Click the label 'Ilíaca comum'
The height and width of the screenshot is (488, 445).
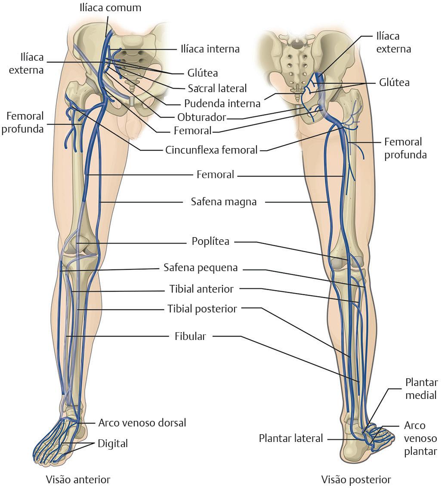(110, 8)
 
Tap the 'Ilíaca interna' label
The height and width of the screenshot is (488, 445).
(210, 49)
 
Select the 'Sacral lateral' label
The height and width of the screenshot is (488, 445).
(217, 88)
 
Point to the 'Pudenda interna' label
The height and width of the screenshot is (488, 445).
(222, 103)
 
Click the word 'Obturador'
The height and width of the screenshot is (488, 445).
(202, 117)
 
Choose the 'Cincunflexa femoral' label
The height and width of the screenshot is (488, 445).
(211, 150)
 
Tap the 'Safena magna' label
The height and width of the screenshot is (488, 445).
(223, 201)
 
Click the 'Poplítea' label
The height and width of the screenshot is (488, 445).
(210, 241)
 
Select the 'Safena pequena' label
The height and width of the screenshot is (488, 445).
(201, 267)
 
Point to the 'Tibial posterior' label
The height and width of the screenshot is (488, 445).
(202, 309)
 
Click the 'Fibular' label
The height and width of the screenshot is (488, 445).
(190, 336)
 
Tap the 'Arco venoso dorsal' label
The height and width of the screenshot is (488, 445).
(142, 423)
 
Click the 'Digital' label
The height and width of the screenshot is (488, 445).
(113, 443)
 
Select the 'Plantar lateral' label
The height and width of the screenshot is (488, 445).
(290, 438)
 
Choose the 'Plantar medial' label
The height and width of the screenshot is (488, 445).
(421, 388)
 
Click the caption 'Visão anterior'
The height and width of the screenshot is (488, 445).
(78, 479)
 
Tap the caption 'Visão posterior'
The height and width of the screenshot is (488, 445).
(356, 479)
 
